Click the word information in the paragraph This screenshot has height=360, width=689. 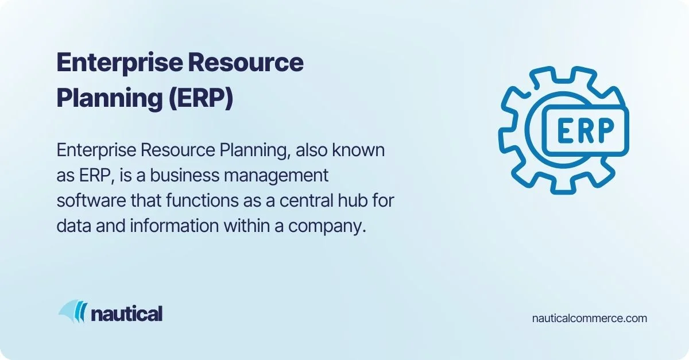175,226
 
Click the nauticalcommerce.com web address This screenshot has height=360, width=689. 590,318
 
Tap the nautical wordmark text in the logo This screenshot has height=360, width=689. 127,313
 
